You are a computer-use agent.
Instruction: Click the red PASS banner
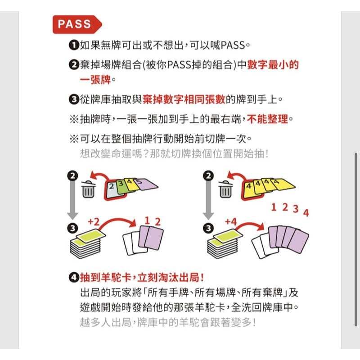77,24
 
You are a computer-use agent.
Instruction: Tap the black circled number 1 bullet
74,45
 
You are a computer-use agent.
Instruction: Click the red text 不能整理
267,119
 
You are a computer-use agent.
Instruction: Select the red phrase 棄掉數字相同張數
184,99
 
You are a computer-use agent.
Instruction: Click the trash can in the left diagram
88,189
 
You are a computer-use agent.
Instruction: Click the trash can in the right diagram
226,189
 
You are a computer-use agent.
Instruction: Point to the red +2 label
94,222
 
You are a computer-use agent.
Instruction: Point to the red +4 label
231,222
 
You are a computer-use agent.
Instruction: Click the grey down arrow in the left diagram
72,200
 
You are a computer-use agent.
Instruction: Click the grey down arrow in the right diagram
208,200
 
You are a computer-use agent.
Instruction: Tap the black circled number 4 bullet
74,278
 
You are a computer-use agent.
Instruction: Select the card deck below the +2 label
88,244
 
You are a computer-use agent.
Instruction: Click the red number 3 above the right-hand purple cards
296,209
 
